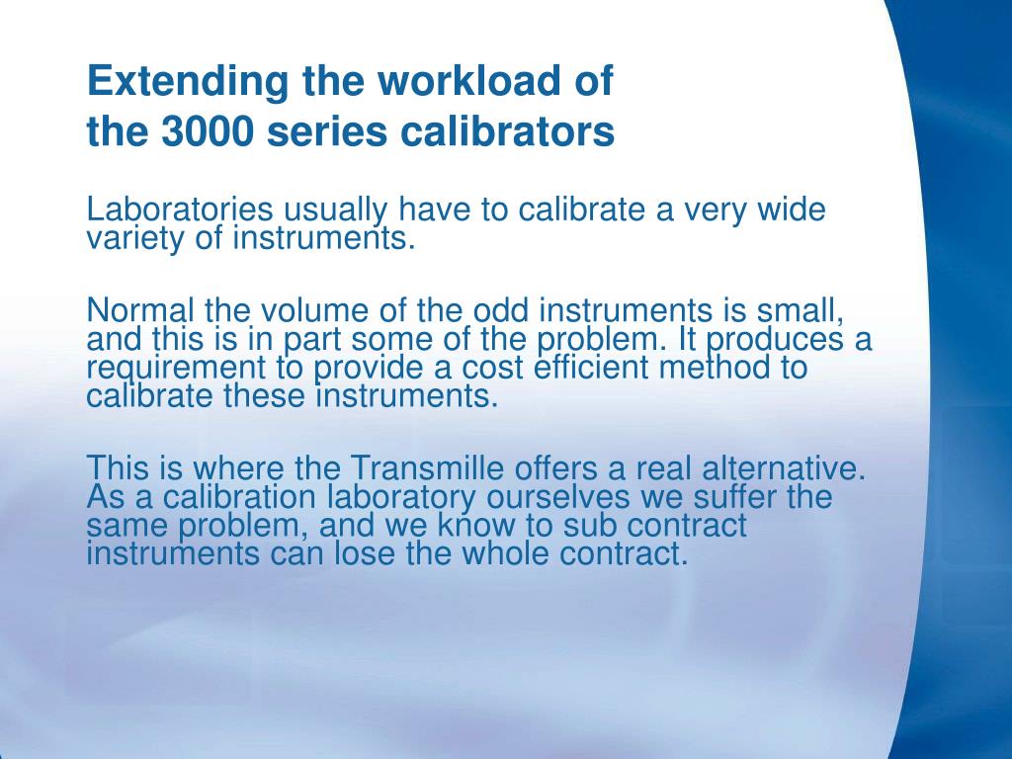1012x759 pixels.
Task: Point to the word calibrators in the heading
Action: pyautogui.click(x=507, y=131)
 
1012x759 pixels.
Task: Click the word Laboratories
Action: pyautogui.click(x=180, y=211)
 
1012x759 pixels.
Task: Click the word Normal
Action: pyautogui.click(x=140, y=310)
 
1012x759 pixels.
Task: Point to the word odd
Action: pyautogui.click(x=501, y=310)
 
